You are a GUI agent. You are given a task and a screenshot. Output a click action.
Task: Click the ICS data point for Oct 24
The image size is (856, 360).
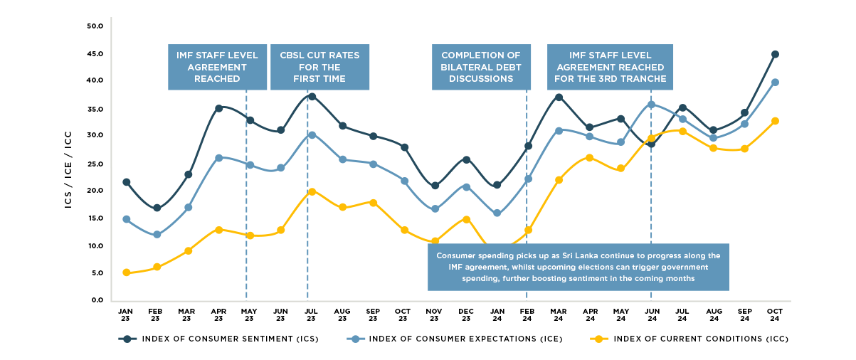(x=775, y=54)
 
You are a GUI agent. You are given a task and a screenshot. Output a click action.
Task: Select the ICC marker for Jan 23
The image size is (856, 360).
(x=126, y=272)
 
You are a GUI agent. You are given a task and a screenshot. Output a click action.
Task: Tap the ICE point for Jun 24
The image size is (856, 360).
(x=651, y=105)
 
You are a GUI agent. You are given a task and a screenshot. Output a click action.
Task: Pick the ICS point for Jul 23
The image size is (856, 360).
(x=311, y=96)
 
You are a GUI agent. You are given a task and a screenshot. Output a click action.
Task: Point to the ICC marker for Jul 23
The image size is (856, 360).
(x=311, y=191)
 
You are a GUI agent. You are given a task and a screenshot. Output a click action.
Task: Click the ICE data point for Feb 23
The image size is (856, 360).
(x=157, y=235)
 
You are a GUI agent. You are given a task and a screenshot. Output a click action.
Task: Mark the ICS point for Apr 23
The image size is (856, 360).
(x=218, y=108)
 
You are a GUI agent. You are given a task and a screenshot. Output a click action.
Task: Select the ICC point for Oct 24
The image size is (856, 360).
(x=775, y=121)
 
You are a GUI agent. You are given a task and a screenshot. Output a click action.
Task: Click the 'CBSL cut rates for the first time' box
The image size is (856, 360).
(x=319, y=67)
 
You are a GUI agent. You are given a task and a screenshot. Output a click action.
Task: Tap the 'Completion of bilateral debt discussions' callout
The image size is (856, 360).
(x=481, y=67)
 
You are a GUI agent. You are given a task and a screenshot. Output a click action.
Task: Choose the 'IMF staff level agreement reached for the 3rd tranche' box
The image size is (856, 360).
(x=610, y=67)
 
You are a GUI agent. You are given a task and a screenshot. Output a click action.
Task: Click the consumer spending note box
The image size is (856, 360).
(x=578, y=267)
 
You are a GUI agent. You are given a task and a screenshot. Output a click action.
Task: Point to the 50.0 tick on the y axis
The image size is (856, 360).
(x=95, y=26)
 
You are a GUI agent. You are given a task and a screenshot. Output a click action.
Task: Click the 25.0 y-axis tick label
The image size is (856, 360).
(x=95, y=164)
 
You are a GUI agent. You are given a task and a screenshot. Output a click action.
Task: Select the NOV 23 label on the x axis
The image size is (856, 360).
(x=435, y=315)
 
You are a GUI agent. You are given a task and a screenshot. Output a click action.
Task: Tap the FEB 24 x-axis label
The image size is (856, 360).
(x=527, y=315)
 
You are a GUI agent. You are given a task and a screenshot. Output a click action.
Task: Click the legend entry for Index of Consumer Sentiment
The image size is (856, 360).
(x=218, y=339)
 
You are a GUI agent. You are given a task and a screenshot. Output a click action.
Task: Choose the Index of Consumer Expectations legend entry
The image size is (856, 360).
(x=455, y=339)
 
